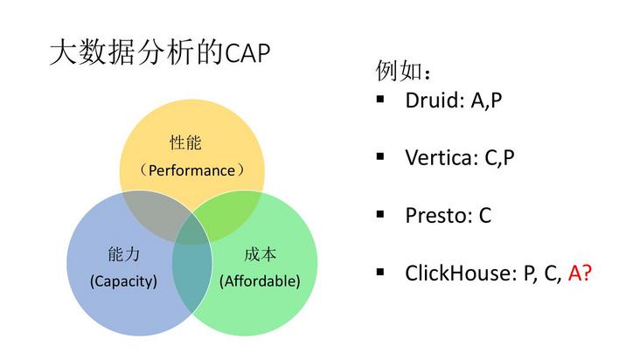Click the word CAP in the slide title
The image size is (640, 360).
click(x=247, y=53)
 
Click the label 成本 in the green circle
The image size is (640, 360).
click(x=260, y=255)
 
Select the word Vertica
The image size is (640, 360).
click(x=441, y=157)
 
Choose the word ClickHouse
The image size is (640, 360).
click(x=456, y=273)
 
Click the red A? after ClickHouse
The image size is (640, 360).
click(x=580, y=273)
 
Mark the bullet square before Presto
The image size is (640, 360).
click(x=380, y=214)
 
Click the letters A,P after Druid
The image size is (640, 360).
click(x=486, y=100)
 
